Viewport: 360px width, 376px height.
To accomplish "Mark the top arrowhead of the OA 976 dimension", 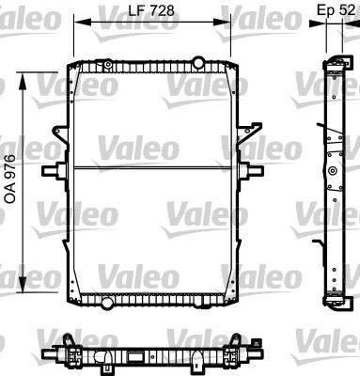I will (28, 64).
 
